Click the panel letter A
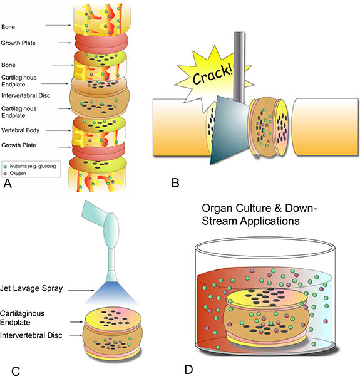coord(8,184)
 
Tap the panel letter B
coord(175,183)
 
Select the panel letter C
coord(16,371)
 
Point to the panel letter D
coord(188,370)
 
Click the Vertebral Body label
coord(20,130)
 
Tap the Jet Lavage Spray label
coord(31,288)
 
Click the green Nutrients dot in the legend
coord(5,167)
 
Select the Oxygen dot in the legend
coord(5,174)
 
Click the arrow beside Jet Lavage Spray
coord(81,290)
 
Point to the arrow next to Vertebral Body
coord(58,131)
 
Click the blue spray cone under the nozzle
coord(111,293)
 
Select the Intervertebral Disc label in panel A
coord(26,95)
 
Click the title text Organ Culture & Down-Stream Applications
coord(259,214)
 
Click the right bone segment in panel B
coord(326,127)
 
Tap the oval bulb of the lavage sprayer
coord(111,231)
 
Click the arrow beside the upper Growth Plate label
coord(64,43)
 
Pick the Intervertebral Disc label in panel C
coord(31,335)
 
